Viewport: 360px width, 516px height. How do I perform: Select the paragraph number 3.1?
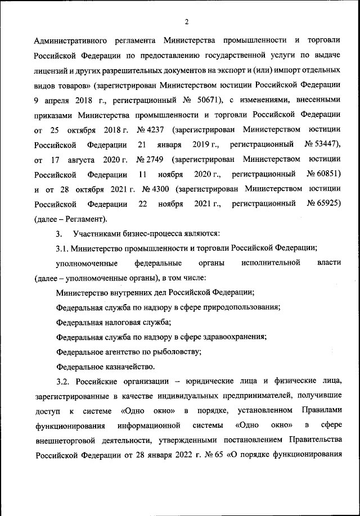[62, 247]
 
